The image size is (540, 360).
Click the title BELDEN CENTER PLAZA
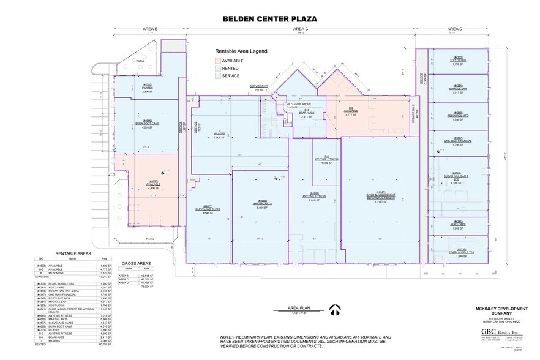pos(271,19)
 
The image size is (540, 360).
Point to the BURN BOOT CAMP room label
pos(147,123)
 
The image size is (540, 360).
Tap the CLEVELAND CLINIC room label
pos(208,208)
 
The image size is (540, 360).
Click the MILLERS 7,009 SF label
pos(219,135)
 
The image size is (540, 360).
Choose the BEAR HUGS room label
pos(306,113)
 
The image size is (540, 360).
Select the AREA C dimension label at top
pos(300,29)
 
